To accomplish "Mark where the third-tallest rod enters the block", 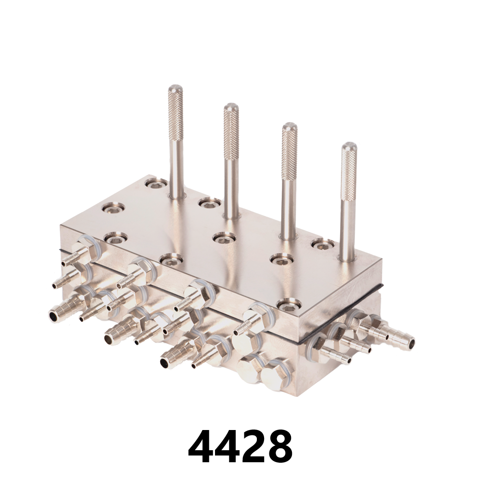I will [289, 237].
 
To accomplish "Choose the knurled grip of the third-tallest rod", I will [289, 152].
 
